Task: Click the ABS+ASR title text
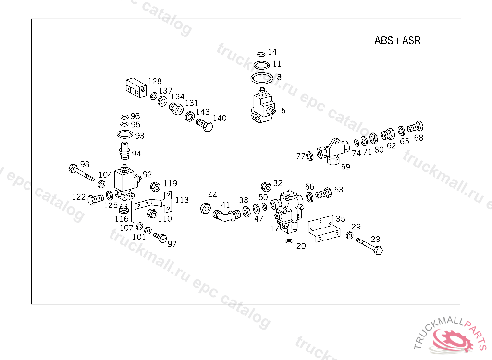pyautogui.click(x=397, y=41)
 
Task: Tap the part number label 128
pyautogui.click(x=155, y=81)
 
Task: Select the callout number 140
pyautogui.click(x=220, y=118)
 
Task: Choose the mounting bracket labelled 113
pyautogui.click(x=154, y=204)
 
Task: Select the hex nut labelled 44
pyautogui.click(x=204, y=208)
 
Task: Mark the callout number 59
pyautogui.click(x=345, y=167)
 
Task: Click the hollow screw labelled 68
pyautogui.click(x=415, y=128)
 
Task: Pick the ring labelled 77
pyautogui.click(x=310, y=156)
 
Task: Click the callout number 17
pyautogui.click(x=274, y=228)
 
